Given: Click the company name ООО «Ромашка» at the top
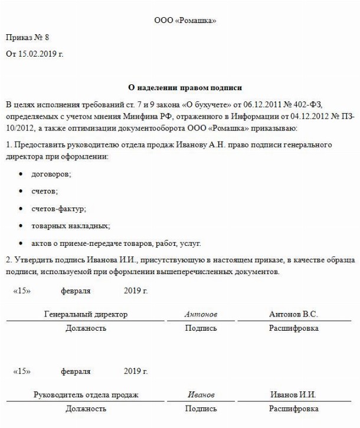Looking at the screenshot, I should (x=185, y=21).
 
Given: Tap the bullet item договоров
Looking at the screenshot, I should (x=51, y=175).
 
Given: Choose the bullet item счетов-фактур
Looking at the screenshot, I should (x=58, y=209).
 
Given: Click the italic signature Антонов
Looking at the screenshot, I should (x=201, y=315).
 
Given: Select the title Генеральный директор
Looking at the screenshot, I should (x=86, y=315).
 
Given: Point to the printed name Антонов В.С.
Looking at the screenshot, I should (x=293, y=315).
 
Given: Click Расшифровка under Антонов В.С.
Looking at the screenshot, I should (x=293, y=328).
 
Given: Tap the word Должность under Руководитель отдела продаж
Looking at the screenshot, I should (x=86, y=409).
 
